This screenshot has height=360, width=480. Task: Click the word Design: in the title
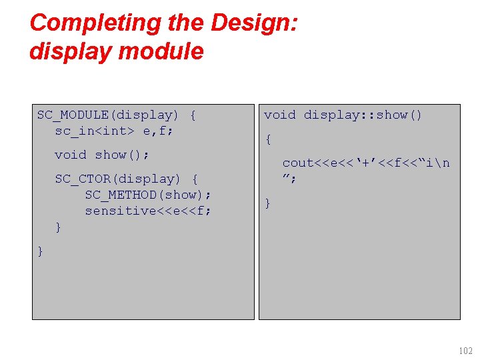coord(255,23)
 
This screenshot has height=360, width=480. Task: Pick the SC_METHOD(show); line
coord(148,195)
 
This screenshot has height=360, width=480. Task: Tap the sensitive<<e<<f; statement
coord(148,211)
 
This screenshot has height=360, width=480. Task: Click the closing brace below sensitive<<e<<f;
coord(58,227)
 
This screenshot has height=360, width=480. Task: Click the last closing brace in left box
coord(41,251)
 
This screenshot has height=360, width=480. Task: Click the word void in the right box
coord(279,115)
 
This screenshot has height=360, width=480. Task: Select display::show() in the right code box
coord(363,115)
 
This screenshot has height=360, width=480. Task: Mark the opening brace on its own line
coord(268,139)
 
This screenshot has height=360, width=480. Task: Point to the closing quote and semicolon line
coord(289,178)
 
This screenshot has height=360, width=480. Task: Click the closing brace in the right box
coord(268,203)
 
